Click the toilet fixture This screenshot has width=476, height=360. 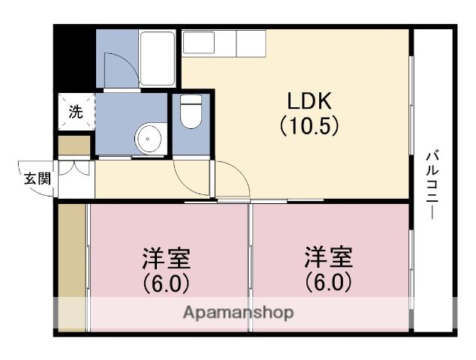pos(191,112)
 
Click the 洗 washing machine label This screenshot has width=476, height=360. pos(77,112)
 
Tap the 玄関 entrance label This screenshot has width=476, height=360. pos(36,178)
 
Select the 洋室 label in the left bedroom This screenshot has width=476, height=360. pos(166,259)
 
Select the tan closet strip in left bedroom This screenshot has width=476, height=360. pos(73,266)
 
